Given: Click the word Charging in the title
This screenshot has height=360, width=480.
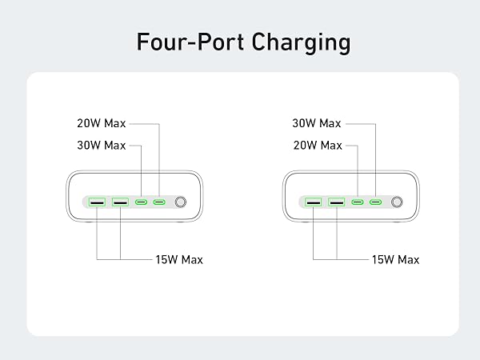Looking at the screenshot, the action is coord(302,43).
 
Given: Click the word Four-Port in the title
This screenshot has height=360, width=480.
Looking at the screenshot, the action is coord(190,42).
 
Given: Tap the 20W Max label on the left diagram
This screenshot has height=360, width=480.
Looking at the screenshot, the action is coord(102,123).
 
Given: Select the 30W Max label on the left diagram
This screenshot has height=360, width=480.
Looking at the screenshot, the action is coord(102,146).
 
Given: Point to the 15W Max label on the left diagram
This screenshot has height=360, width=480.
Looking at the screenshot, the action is coord(179,260).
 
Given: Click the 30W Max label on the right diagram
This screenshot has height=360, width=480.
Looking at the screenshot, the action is coord(317,123).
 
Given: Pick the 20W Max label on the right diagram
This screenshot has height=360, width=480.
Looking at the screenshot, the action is coord(318,146).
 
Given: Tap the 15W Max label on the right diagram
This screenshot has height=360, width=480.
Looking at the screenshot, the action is coord(395,260).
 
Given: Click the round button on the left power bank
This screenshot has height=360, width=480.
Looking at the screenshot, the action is coord(180,202).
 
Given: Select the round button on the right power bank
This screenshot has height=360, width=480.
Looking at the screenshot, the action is coord(397,202).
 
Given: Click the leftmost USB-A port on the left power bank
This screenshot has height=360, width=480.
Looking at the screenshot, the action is coord(97,202).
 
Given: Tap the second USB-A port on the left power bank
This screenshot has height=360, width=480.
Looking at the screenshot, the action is coord(120,202).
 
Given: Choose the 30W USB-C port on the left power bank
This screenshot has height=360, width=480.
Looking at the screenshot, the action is coord(141,202).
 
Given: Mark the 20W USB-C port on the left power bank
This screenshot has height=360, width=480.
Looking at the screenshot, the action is coord(159,202).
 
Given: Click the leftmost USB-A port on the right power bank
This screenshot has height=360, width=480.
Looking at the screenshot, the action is coord(313,202).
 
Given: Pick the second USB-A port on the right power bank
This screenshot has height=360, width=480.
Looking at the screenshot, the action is coord(337,202).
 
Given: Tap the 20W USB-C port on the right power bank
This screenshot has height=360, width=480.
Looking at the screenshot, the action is coord(358,202).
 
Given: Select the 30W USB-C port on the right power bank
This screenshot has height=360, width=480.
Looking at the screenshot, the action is coord(376,202).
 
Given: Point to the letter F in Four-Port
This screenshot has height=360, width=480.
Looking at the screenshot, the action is coord(142,42).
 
